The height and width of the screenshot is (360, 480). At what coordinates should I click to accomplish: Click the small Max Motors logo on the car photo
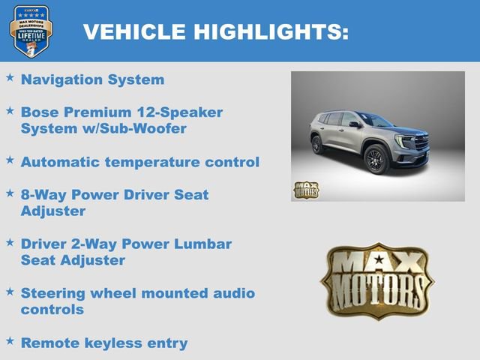[305, 190]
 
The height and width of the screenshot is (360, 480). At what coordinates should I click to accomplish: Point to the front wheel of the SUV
[375, 160]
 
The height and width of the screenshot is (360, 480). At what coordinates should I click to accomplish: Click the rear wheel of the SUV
[318, 144]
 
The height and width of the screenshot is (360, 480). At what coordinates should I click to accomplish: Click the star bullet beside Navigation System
[10, 77]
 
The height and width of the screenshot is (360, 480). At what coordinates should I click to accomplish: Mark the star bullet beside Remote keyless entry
[10, 340]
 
